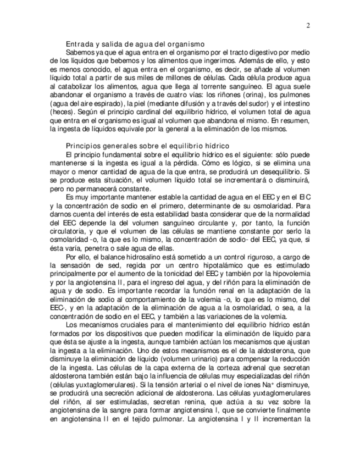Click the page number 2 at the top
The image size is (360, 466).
coord(308,25)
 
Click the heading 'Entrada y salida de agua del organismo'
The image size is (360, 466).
coord(135,43)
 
